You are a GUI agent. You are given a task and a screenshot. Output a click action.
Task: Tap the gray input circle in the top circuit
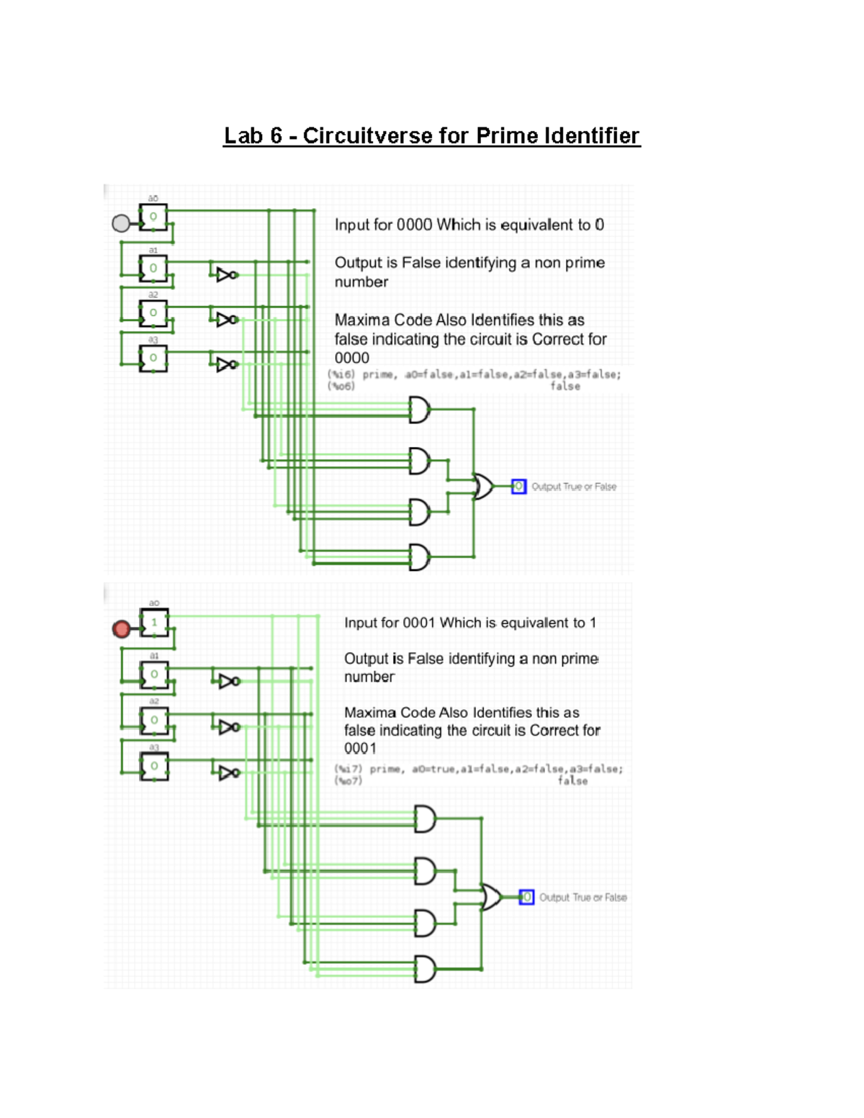[x=121, y=223]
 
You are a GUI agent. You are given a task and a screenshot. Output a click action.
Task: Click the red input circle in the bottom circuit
[x=122, y=629]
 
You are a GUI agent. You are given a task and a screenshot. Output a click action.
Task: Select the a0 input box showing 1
[x=154, y=623]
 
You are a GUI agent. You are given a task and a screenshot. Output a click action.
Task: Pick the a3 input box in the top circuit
[x=153, y=358]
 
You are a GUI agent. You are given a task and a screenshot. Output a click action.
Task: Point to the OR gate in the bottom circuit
[x=492, y=897]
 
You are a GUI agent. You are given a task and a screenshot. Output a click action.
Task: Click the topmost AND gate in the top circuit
[x=419, y=410]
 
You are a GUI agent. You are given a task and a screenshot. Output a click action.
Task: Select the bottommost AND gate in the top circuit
[x=419, y=556]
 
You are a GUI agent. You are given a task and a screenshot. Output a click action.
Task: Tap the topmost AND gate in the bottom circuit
[x=425, y=819]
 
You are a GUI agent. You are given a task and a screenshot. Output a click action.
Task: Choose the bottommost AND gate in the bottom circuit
[x=425, y=969]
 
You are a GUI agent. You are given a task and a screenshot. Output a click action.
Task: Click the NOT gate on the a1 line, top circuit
[x=227, y=274]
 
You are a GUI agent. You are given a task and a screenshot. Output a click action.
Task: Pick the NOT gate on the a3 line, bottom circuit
[x=229, y=772]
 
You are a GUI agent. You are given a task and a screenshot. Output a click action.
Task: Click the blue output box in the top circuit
[x=518, y=487]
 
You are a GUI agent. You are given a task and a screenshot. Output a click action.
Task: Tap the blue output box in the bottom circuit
[x=526, y=897]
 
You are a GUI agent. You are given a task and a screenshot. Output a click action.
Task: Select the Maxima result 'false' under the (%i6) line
[x=565, y=387]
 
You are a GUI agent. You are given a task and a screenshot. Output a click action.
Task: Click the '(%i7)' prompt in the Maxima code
[x=348, y=769]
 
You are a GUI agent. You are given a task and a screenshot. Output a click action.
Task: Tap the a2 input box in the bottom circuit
[x=154, y=721]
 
